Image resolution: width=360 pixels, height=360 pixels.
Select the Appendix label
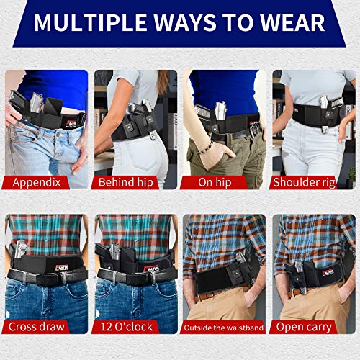pos(40,182)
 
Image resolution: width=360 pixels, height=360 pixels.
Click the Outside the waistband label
pos(224,326)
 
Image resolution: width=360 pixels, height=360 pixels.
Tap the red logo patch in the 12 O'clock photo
pos(153,268)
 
